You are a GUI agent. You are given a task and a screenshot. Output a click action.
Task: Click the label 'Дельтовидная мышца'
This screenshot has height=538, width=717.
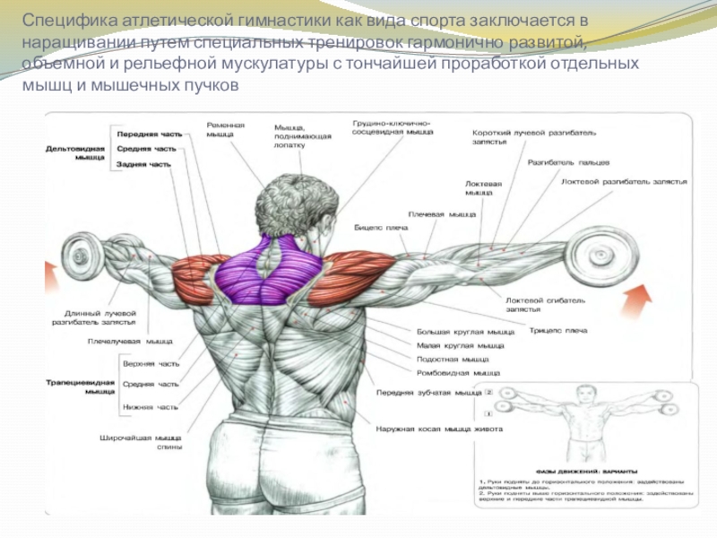(75, 152)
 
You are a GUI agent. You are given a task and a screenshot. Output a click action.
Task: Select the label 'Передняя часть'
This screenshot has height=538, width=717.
(149, 134)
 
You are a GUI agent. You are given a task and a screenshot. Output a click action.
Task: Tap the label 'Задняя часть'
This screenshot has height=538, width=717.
(143, 164)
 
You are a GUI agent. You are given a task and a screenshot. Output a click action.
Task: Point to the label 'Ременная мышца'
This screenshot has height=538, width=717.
(226, 129)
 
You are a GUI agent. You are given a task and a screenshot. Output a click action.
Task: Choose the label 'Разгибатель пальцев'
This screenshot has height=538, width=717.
(568, 162)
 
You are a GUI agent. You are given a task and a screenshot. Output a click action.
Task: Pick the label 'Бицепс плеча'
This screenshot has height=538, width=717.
(381, 227)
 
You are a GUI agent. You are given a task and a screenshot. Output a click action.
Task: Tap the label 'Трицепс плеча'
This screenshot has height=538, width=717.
(557, 330)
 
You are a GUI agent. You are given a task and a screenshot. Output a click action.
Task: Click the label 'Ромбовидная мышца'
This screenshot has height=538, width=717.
(458, 372)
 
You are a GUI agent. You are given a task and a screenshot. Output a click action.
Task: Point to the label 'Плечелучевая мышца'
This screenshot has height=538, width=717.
(130, 341)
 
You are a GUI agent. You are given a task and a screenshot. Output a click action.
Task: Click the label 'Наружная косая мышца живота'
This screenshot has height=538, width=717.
(438, 430)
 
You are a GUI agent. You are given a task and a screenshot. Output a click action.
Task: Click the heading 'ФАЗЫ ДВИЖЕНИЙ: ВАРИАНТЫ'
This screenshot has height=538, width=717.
(587, 470)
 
